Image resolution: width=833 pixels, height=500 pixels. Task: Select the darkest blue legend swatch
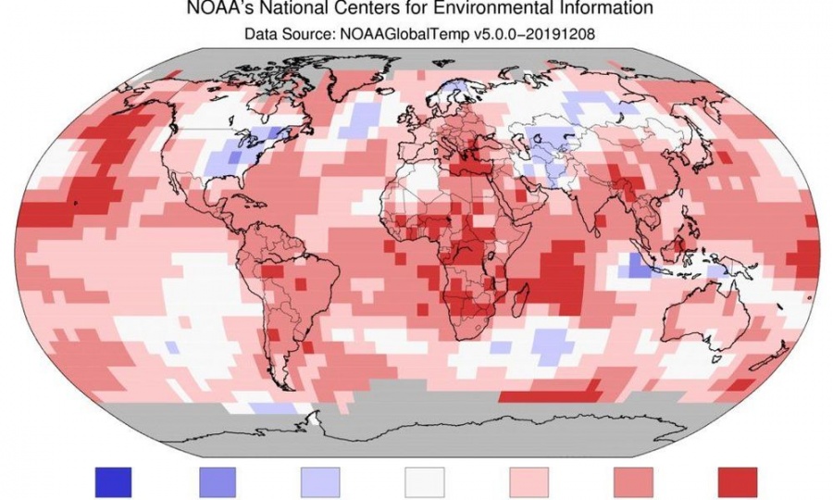[x=114, y=481]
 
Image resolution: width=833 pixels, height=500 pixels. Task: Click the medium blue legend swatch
[x=218, y=481]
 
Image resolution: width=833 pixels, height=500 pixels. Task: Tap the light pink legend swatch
[x=528, y=481]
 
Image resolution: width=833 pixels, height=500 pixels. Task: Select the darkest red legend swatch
[x=737, y=481]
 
